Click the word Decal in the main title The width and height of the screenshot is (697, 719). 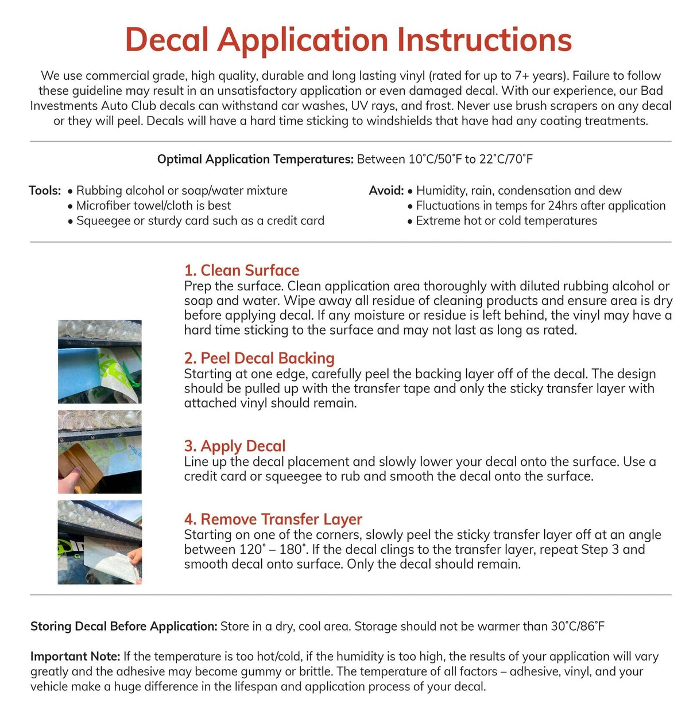pyautogui.click(x=166, y=40)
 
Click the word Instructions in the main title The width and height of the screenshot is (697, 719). pyautogui.click(x=484, y=40)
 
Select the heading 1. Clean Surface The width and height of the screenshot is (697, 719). pyautogui.click(x=242, y=270)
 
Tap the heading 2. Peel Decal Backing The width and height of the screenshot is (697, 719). pyautogui.click(x=259, y=358)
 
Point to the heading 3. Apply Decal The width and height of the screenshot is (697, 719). pyautogui.click(x=235, y=446)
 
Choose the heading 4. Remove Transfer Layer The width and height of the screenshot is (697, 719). pyautogui.click(x=273, y=519)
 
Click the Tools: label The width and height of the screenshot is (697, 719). pyautogui.click(x=45, y=191)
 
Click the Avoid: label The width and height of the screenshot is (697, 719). pyautogui.click(x=386, y=191)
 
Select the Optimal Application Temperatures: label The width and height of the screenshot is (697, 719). pyautogui.click(x=255, y=159)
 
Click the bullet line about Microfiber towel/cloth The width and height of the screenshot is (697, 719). pyautogui.click(x=153, y=205)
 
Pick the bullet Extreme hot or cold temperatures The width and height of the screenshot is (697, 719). pyautogui.click(x=506, y=221)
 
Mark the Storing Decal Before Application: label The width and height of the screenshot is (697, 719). pyautogui.click(x=123, y=626)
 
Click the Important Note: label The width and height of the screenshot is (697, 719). pyautogui.click(x=75, y=656)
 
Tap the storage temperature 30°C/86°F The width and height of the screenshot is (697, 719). pyautogui.click(x=578, y=626)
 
